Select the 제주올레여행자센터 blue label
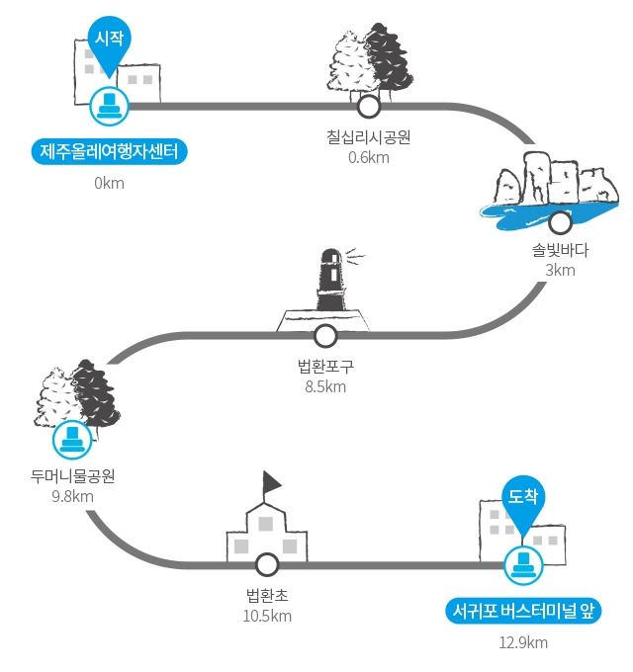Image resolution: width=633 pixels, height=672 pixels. click(x=110, y=151)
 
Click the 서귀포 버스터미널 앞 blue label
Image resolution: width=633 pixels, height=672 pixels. click(x=523, y=611)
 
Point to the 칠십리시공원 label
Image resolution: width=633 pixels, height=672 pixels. click(x=368, y=137)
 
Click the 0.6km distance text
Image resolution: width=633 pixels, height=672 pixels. click(x=368, y=158)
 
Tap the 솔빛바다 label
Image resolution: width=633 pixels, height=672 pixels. click(x=560, y=250)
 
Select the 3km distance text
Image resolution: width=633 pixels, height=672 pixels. click(x=560, y=271)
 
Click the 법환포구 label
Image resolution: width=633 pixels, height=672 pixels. click(x=325, y=367)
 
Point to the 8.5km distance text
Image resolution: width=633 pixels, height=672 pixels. click(x=325, y=387)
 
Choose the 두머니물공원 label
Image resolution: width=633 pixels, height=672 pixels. click(x=72, y=476)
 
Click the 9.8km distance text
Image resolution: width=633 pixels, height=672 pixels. click(x=72, y=496)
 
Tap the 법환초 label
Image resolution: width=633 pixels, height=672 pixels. click(x=267, y=595)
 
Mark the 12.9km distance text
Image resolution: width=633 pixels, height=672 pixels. click(x=523, y=643)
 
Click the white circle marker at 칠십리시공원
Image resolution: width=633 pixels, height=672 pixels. click(x=368, y=107)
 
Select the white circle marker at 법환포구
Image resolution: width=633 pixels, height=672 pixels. click(x=325, y=336)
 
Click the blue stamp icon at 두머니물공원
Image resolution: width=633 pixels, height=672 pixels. click(x=72, y=440)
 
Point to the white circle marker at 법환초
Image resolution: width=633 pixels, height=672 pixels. click(x=267, y=565)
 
